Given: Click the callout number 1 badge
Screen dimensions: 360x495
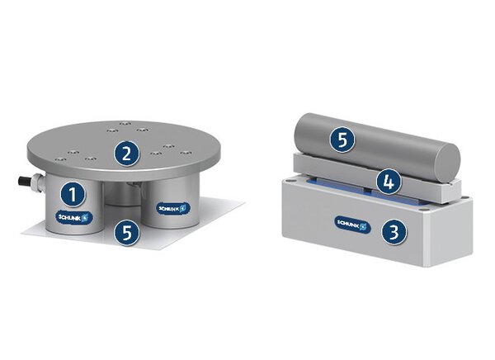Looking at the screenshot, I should click(x=73, y=195).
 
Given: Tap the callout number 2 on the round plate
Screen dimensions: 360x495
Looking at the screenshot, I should click(x=125, y=153).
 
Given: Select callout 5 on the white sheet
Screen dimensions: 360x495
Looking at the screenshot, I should click(x=125, y=233).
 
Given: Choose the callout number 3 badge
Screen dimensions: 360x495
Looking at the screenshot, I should click(x=395, y=232).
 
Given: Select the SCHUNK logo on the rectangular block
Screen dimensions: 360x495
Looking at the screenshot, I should click(x=354, y=222).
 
